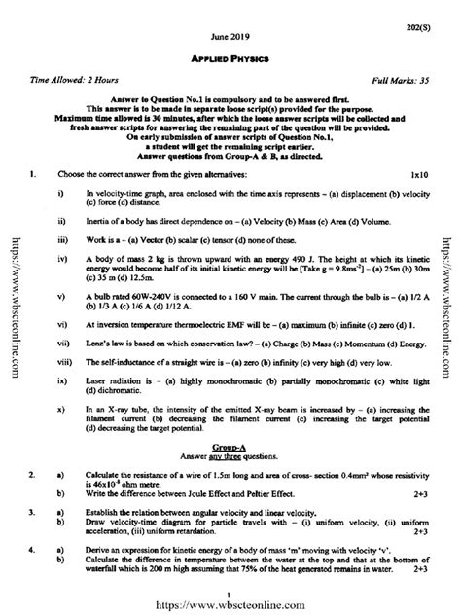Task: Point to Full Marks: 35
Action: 400,74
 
